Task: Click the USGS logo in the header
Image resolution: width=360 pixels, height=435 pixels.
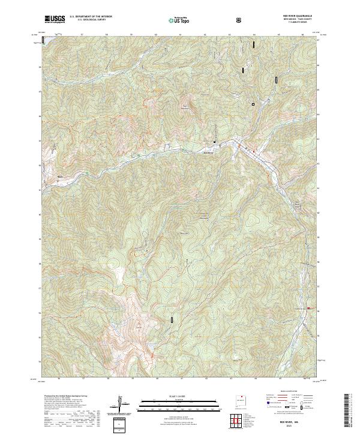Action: click(55, 19)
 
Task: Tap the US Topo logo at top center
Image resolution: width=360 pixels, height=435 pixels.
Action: click(181, 20)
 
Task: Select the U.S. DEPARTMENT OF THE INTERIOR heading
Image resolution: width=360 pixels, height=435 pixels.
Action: click(90, 17)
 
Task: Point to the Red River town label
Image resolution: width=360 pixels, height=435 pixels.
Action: click(209, 152)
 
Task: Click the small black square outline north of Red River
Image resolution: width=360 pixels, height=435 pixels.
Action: click(253, 104)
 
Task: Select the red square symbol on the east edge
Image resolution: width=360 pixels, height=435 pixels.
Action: click(309, 308)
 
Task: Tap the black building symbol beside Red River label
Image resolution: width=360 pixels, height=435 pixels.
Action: click(214, 142)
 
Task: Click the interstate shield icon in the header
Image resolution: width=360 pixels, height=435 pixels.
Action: click(240, 20)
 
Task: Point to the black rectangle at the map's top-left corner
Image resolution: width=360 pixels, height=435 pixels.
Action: click(43, 40)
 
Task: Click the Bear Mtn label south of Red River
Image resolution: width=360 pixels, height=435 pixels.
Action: click(184, 232)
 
